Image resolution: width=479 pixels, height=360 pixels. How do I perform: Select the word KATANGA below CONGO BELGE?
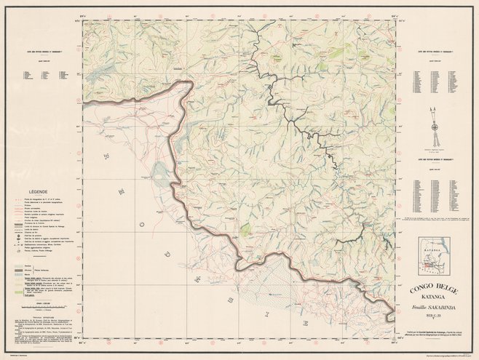pos(433,297)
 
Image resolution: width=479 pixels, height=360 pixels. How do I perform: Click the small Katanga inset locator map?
pos(434,255)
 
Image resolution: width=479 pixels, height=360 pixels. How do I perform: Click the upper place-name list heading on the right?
pos(433,52)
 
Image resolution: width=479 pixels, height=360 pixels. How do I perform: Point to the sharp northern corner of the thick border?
pos(191,82)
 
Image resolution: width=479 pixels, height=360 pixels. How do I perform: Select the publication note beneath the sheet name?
pos(433,331)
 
